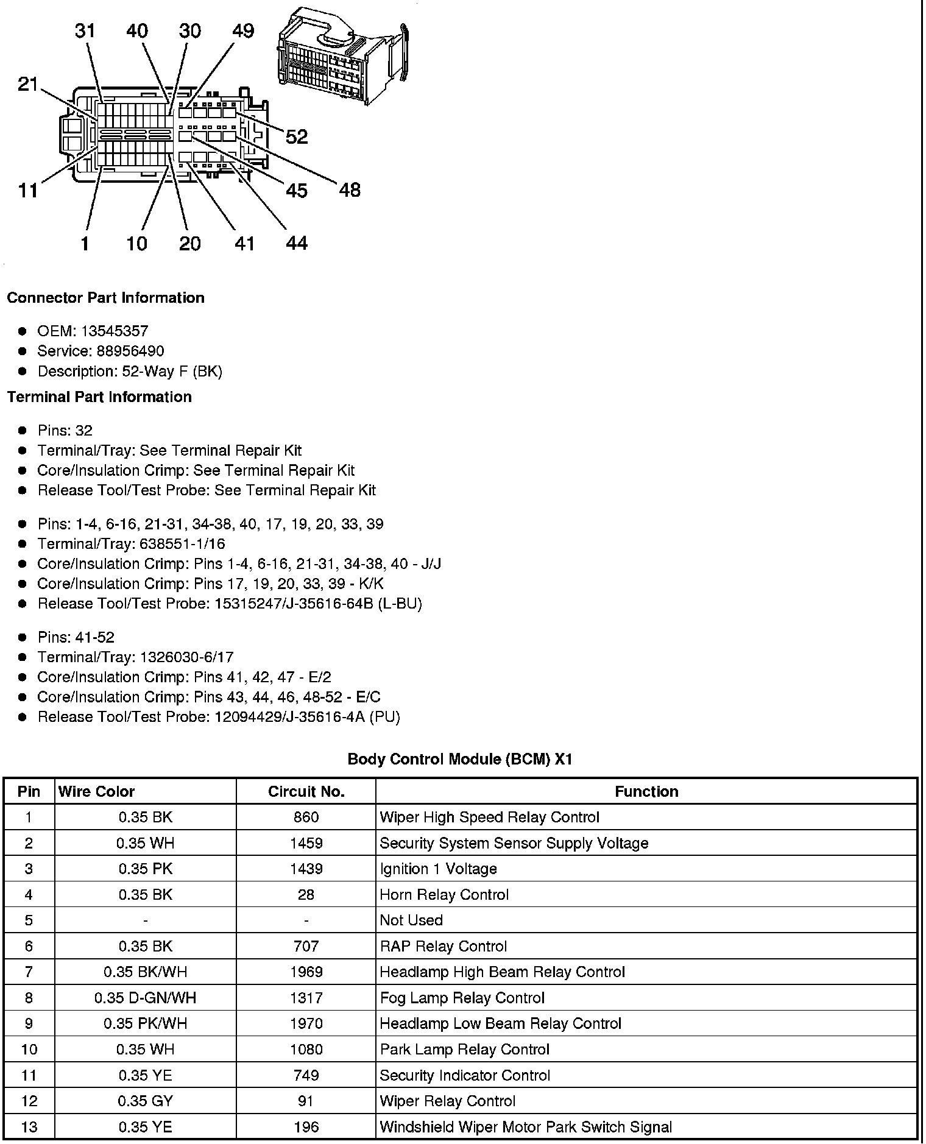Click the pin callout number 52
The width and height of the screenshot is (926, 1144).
click(297, 136)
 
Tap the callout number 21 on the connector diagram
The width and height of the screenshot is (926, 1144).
click(28, 84)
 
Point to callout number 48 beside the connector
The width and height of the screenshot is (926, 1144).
click(350, 190)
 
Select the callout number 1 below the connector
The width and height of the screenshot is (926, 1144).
click(85, 244)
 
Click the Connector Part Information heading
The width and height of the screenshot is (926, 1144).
click(105, 298)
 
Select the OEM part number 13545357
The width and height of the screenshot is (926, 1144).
click(115, 331)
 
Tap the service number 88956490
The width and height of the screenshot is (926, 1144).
click(130, 351)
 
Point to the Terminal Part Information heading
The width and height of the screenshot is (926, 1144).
click(99, 397)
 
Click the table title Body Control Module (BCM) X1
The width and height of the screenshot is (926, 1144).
click(460, 759)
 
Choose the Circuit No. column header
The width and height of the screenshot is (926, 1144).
click(306, 791)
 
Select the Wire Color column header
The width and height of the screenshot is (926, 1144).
click(96, 791)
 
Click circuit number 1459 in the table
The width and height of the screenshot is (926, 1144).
click(306, 843)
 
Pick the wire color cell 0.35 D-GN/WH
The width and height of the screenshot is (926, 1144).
click(145, 998)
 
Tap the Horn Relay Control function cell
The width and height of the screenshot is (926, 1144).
click(444, 895)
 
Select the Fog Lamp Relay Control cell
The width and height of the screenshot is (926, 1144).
click(462, 998)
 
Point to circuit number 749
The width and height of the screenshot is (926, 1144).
click(306, 1075)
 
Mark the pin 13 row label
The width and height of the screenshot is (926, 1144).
click(29, 1127)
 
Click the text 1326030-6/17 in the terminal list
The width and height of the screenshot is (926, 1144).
click(186, 657)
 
